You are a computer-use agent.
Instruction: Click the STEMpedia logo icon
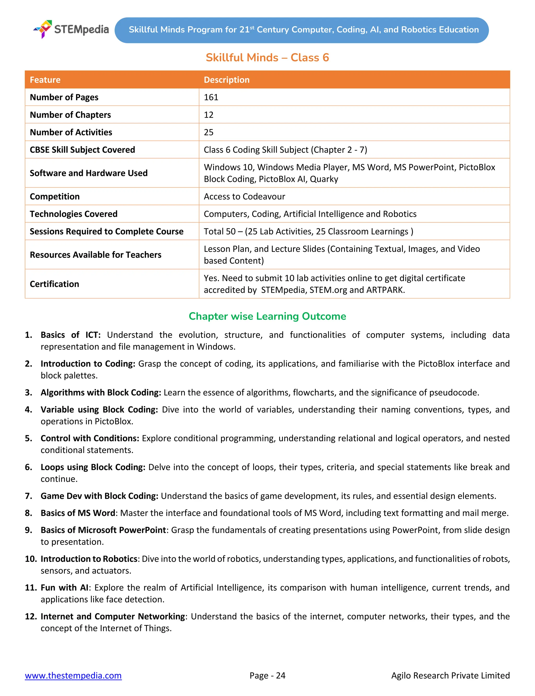43,29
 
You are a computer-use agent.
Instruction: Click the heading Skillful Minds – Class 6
267,58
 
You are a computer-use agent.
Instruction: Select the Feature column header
45,80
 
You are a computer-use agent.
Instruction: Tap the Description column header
226,80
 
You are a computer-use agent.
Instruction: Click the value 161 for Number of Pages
211,97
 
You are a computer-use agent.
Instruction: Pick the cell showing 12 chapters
208,115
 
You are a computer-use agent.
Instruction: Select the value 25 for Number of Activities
208,132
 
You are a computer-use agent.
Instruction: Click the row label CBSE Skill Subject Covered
82,150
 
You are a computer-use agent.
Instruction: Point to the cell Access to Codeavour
244,197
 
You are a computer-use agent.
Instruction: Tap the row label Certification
54,284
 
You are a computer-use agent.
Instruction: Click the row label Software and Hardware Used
89,173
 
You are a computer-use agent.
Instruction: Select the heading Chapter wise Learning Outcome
267,316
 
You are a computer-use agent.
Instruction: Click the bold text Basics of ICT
70,335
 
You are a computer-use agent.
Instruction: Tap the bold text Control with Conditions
90,438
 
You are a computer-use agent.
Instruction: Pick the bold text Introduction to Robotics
89,559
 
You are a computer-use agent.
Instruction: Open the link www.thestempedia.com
73,675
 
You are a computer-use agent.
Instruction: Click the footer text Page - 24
267,675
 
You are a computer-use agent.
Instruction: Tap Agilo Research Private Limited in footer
450,675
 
